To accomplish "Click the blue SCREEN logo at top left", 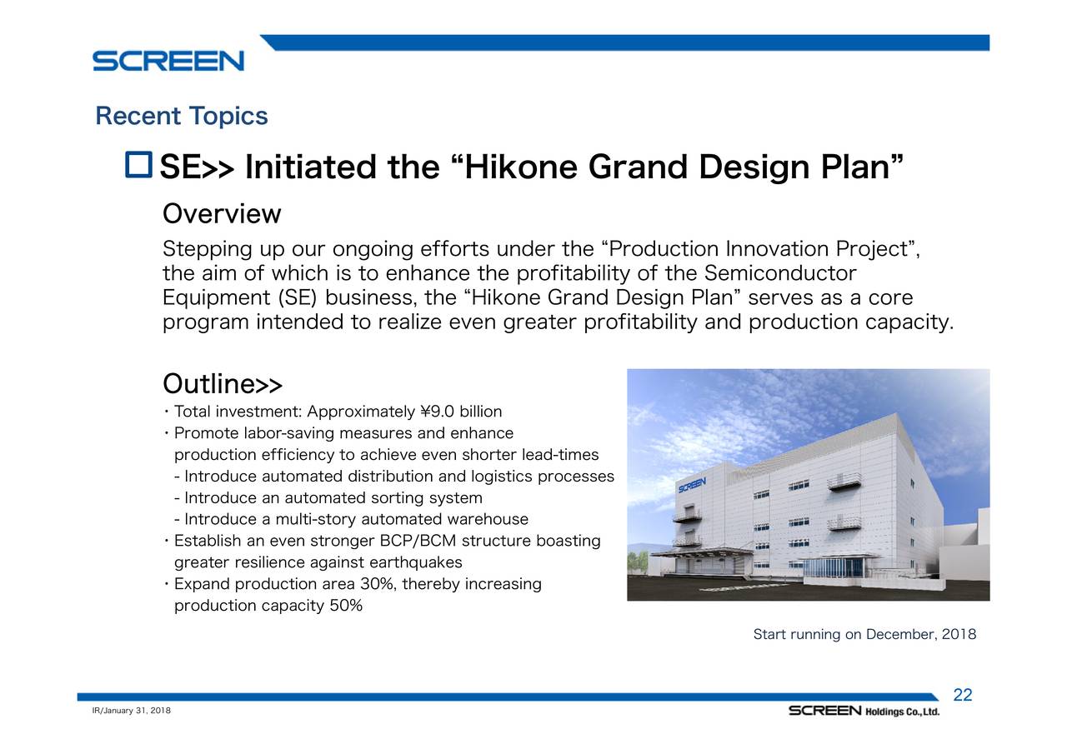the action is (x=168, y=61).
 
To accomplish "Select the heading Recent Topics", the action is (x=182, y=116).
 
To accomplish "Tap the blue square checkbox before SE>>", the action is (x=138, y=165).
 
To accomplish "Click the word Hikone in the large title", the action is (x=520, y=167).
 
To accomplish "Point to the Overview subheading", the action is (x=222, y=214).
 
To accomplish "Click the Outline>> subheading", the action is (x=223, y=383).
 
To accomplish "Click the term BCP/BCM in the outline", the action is (x=418, y=541).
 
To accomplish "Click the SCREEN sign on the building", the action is (x=692, y=485).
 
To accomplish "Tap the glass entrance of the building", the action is (x=834, y=568).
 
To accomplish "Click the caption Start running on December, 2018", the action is (x=864, y=634).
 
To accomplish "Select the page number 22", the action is (x=962, y=695).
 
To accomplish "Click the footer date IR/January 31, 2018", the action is (x=132, y=710).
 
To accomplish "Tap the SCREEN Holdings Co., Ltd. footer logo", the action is (x=864, y=711).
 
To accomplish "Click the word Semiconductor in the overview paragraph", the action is (x=780, y=273).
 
